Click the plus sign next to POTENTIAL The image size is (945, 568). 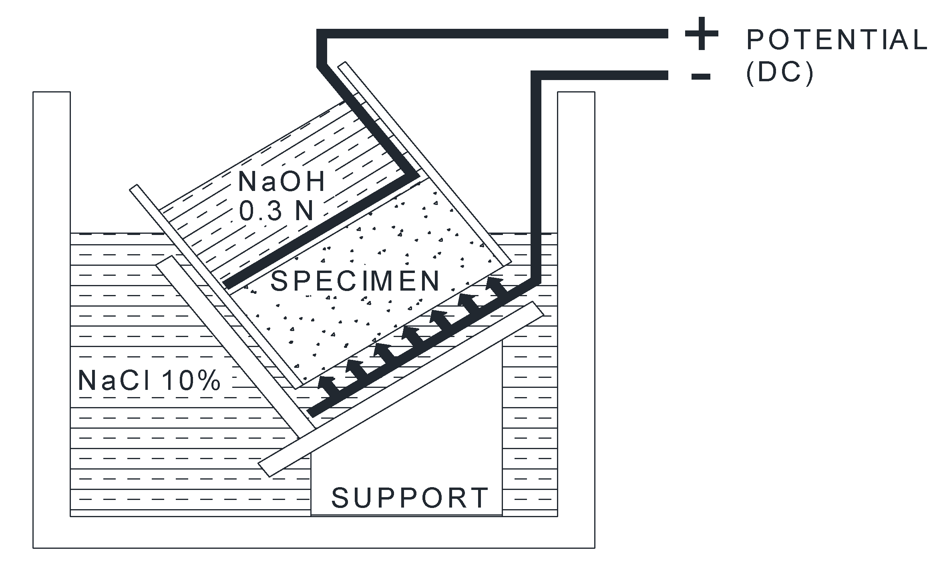pyautogui.click(x=701, y=34)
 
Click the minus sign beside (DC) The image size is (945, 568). pyautogui.click(x=701, y=76)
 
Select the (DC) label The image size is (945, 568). pyautogui.click(x=780, y=74)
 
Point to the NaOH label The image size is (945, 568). pyautogui.click(x=281, y=181)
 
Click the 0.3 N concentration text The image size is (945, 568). pyautogui.click(x=276, y=211)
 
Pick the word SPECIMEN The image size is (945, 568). pyautogui.click(x=355, y=281)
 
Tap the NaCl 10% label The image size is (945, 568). pyautogui.click(x=149, y=380)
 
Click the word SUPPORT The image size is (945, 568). pyautogui.click(x=410, y=498)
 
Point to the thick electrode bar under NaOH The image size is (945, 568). pyautogui.click(x=320, y=230)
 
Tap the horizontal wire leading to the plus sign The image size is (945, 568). pyautogui.click(x=497, y=34)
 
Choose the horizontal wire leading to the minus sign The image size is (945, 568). pyautogui.click(x=601, y=76)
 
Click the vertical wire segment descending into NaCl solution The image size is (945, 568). pyautogui.click(x=536, y=180)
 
